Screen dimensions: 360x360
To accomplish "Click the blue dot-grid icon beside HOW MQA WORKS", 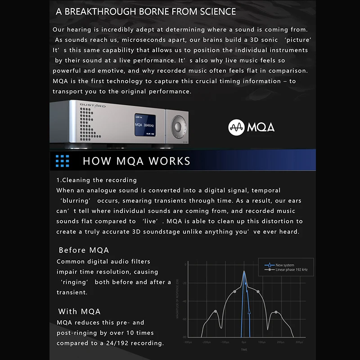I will [62, 161].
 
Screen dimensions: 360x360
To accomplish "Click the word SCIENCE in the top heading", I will [213, 12].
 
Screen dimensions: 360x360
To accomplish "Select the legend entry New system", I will [285, 265].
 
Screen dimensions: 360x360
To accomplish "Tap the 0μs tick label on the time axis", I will [243, 342].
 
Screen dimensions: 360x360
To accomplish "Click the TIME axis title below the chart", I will [244, 350].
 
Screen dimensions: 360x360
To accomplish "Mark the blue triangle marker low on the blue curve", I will [249, 310].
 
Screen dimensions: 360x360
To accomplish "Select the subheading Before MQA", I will [84, 250].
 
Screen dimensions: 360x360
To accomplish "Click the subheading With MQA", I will [79, 311].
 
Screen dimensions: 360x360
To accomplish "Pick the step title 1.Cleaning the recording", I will [96, 180].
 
